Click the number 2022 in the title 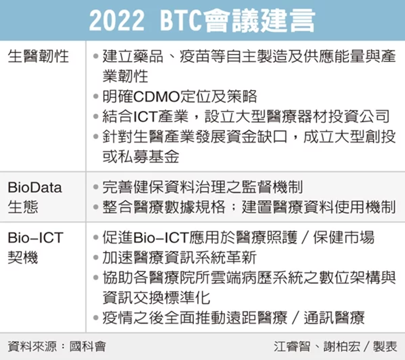[116, 21]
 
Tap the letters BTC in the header [181, 21]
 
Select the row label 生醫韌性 [39, 56]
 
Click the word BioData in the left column [35, 187]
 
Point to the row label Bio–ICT [35, 238]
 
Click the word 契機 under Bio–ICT [23, 257]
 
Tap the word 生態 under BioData [23, 207]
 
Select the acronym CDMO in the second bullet [157, 96]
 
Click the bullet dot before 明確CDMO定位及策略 [96, 96]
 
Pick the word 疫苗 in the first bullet [195, 56]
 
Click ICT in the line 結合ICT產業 [146, 116]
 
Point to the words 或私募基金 [141, 157]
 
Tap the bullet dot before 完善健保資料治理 [96, 187]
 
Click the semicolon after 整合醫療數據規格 [233, 207]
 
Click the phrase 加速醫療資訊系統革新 [179, 257]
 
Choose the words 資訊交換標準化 [156, 298]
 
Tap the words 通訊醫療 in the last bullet [334, 318]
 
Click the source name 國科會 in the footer [87, 347]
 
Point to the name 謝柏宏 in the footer [341, 347]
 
